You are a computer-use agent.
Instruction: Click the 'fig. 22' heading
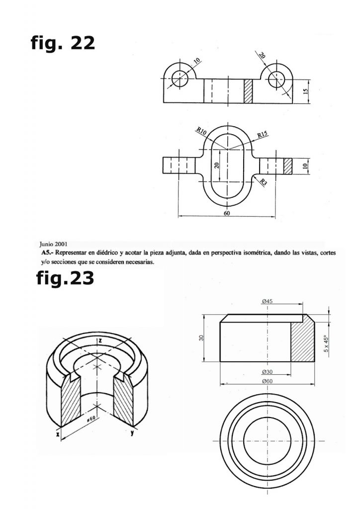[x=63, y=44]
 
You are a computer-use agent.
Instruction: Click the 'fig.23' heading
[x=65, y=278]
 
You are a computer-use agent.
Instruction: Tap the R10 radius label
[x=201, y=131]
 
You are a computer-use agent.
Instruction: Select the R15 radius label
[x=263, y=134]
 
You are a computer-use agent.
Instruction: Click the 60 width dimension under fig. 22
[x=227, y=213]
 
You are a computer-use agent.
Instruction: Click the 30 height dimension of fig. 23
[x=201, y=338]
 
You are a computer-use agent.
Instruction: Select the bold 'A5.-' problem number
[x=47, y=253]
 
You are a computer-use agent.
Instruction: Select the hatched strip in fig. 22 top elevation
[x=249, y=91]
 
